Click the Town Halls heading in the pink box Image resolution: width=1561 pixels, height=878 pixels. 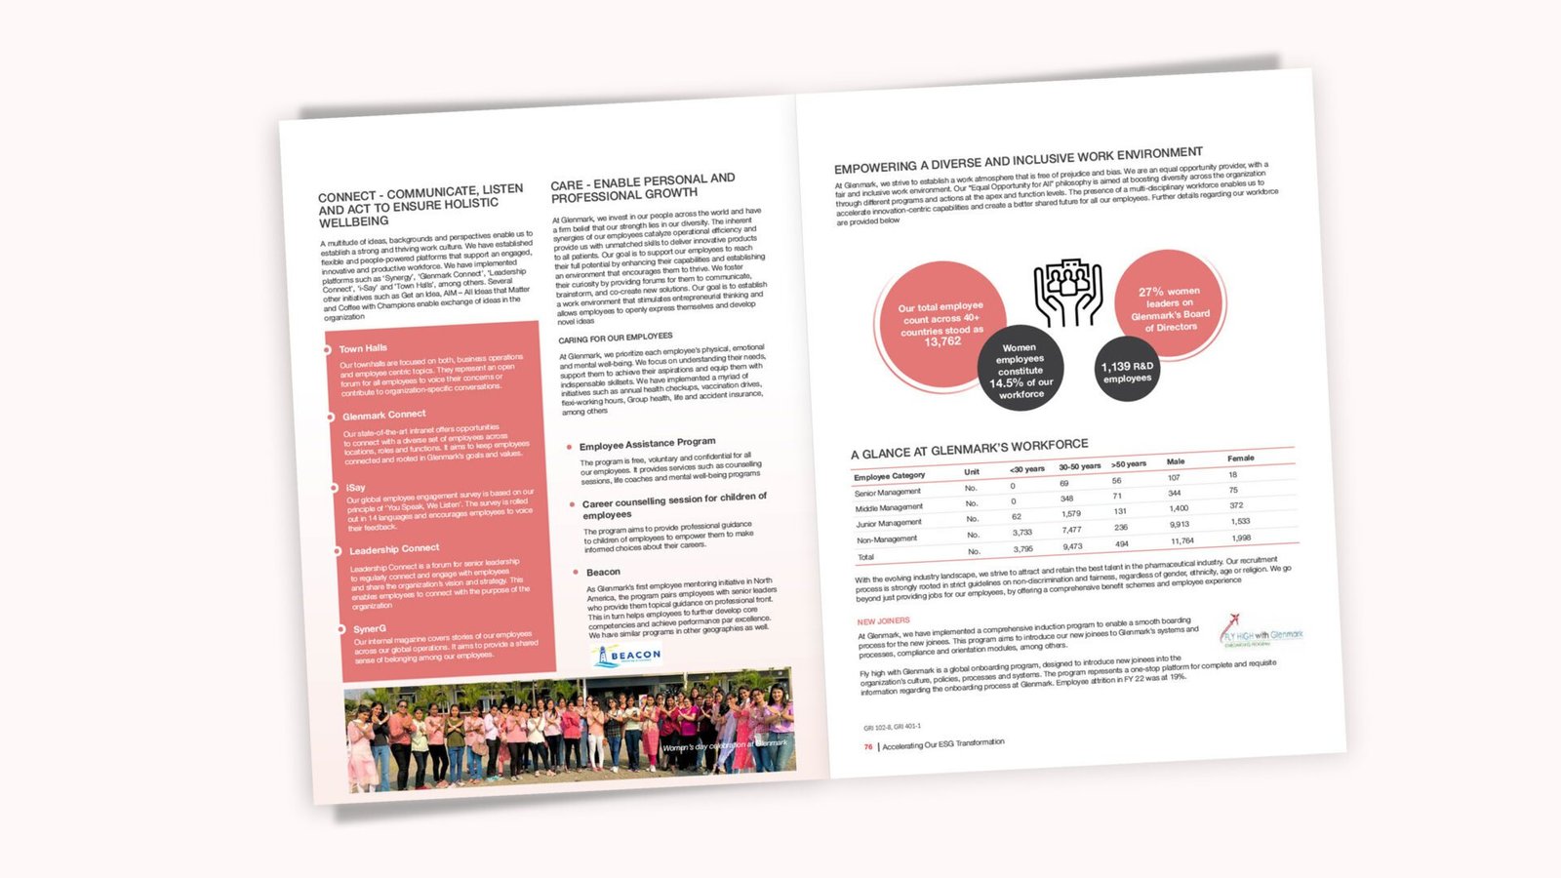(x=363, y=348)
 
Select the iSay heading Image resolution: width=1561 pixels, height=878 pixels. (x=355, y=487)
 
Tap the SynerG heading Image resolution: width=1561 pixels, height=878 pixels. (x=370, y=629)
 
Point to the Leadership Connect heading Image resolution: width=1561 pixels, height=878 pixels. (x=394, y=549)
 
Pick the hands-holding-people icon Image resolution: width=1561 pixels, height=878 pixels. (x=1067, y=292)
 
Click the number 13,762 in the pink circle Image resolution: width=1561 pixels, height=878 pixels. (x=942, y=341)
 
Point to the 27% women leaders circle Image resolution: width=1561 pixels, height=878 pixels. (x=1170, y=307)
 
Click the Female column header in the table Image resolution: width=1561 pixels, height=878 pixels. (x=1240, y=458)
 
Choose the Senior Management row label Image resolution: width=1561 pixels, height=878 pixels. (x=887, y=493)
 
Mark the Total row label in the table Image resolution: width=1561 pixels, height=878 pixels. (x=865, y=557)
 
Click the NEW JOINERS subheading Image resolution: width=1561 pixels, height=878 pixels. (x=883, y=621)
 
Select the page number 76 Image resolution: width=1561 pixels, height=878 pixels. (x=867, y=747)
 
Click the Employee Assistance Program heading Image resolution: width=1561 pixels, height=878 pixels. (x=647, y=444)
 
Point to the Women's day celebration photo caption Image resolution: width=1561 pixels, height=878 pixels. (x=724, y=745)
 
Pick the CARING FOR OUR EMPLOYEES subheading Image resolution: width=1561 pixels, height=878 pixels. (x=615, y=338)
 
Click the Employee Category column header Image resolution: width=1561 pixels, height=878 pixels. (x=889, y=476)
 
